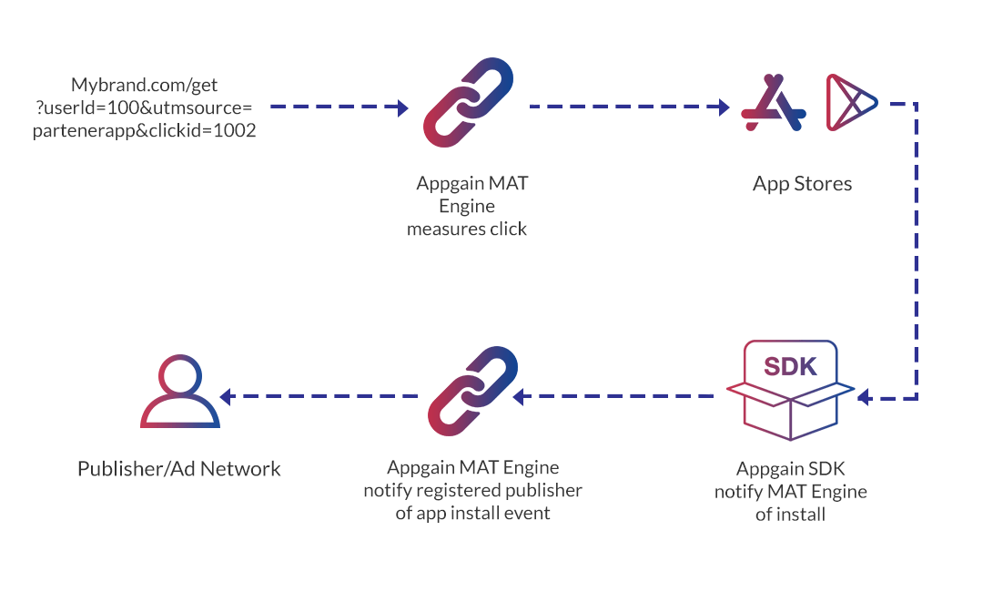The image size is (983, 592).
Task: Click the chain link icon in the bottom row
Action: click(x=472, y=392)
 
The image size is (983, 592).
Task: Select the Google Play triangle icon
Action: click(x=848, y=103)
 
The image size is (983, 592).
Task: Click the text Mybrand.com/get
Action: click(x=145, y=86)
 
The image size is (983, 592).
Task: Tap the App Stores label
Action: click(x=802, y=183)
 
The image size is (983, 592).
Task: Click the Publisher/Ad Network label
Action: click(x=178, y=468)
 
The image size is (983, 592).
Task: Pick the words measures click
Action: click(x=466, y=229)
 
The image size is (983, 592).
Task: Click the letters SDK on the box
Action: click(x=790, y=367)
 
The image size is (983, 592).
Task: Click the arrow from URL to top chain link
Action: click(x=337, y=107)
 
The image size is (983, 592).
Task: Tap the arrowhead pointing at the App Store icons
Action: click(x=725, y=107)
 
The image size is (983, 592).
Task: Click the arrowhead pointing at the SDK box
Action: click(x=864, y=397)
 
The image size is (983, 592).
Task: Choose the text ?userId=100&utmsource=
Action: click(x=144, y=108)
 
